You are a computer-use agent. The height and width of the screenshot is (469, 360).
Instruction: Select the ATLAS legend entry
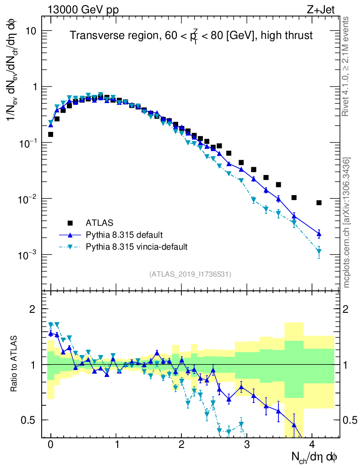[97, 223]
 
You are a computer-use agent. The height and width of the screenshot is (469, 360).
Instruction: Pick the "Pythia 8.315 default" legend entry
[124, 235]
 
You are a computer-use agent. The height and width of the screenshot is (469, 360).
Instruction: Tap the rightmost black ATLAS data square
[319, 203]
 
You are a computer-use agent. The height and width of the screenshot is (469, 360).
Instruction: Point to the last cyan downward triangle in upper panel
[319, 251]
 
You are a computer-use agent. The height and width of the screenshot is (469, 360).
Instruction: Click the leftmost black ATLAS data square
[51, 134]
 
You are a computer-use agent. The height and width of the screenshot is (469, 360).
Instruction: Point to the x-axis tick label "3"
[247, 444]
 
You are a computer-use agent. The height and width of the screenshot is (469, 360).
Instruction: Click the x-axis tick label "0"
[51, 444]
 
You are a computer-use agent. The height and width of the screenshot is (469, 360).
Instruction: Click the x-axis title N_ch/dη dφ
[315, 457]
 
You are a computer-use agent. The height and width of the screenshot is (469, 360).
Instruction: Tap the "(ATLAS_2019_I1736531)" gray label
[190, 274]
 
